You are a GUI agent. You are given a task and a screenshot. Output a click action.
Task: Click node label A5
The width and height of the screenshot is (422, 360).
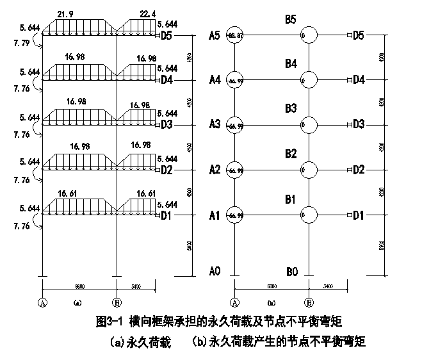(215, 35)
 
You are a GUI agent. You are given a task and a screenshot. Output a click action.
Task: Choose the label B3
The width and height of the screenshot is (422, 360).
(291, 108)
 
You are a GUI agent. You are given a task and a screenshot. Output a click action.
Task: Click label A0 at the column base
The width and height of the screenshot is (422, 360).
(215, 271)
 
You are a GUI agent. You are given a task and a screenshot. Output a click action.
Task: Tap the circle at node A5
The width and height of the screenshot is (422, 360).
(235, 35)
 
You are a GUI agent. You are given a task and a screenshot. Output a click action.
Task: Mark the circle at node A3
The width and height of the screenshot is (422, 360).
(235, 125)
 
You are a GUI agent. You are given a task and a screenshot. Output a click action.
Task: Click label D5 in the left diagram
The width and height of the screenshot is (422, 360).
(166, 35)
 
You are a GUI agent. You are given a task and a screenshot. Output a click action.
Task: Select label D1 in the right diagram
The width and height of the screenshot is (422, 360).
(358, 215)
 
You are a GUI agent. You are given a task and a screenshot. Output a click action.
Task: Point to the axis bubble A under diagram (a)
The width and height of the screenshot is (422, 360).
(43, 302)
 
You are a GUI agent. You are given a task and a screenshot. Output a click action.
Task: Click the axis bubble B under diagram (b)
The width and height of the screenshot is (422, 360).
(309, 302)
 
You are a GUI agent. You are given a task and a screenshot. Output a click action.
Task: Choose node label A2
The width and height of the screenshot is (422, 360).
(215, 170)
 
